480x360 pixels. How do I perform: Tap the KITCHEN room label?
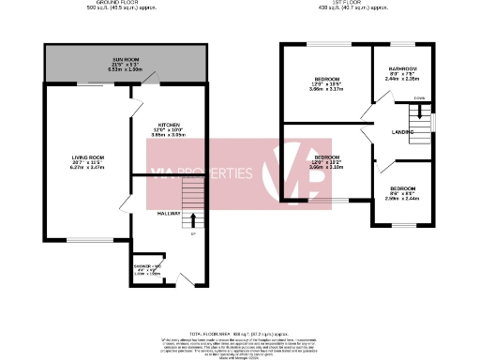tap(169, 124)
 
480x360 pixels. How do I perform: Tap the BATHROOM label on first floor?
tap(403, 68)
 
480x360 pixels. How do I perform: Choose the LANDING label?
tap(404, 132)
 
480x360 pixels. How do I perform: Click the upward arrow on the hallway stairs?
tap(193, 220)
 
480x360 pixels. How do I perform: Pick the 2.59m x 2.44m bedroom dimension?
tap(402, 199)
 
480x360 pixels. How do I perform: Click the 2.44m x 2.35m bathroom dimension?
tap(403, 80)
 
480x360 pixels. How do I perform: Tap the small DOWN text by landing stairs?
tap(420, 98)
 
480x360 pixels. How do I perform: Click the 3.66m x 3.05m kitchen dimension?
tap(169, 135)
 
